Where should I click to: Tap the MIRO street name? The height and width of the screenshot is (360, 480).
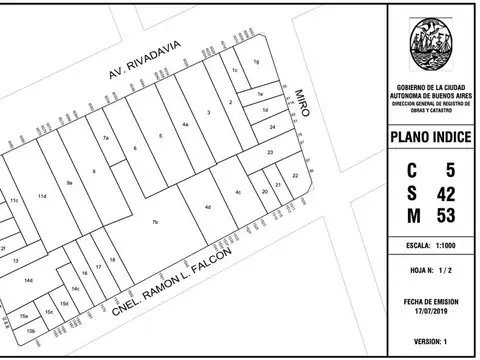pyautogui.click(x=301, y=103)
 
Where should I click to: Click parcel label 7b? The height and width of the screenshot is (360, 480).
pyautogui.click(x=155, y=221)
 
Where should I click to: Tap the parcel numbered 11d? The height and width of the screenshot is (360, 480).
pyautogui.click(x=42, y=196)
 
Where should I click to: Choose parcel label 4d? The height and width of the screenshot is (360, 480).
pyautogui.click(x=207, y=207)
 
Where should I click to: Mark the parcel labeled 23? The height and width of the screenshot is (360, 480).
pyautogui.click(x=270, y=152)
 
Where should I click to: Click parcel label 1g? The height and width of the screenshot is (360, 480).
pyautogui.click(x=256, y=62)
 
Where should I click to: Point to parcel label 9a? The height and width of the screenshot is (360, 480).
pyautogui.click(x=69, y=183)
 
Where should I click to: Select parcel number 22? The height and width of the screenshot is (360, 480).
pyautogui.click(x=294, y=176)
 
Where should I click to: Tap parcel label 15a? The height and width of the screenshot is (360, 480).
pyautogui.click(x=23, y=316)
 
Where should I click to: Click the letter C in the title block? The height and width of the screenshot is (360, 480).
pyautogui.click(x=412, y=169)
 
